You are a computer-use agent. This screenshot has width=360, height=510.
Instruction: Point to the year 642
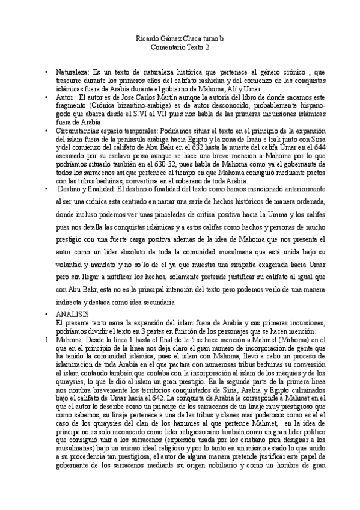coord(174,398)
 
